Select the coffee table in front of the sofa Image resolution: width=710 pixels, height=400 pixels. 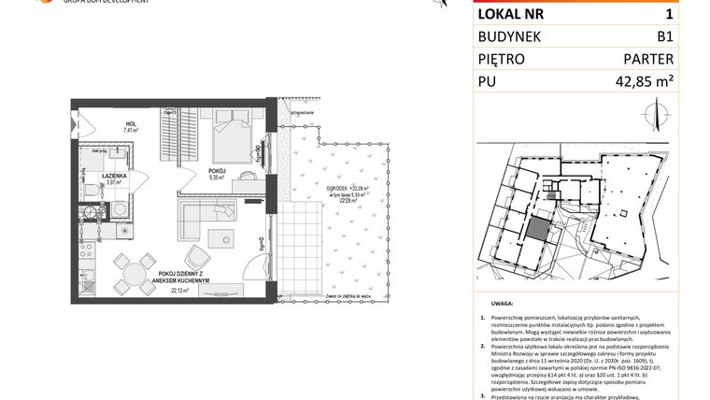[x=221, y=238]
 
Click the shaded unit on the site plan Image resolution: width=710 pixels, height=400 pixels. [x=538, y=230]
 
